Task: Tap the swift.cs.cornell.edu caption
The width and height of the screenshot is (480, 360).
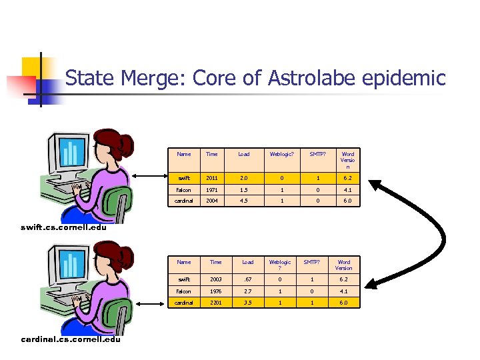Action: (x=63, y=227)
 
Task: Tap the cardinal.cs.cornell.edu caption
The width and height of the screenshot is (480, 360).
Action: (x=71, y=339)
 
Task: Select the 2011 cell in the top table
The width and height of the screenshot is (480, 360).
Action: (x=212, y=178)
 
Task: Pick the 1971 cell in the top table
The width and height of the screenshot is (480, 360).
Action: (x=212, y=189)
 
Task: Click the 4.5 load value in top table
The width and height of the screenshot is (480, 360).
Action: (x=244, y=201)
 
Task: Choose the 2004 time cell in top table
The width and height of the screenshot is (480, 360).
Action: (x=212, y=201)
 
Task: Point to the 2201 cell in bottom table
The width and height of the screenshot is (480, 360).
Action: (x=216, y=303)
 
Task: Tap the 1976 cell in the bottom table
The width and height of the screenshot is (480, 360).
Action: (x=216, y=291)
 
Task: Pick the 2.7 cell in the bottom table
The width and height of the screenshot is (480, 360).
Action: (x=248, y=291)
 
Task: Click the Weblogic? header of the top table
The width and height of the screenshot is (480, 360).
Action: (x=281, y=154)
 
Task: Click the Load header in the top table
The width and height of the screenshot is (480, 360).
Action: (x=244, y=154)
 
